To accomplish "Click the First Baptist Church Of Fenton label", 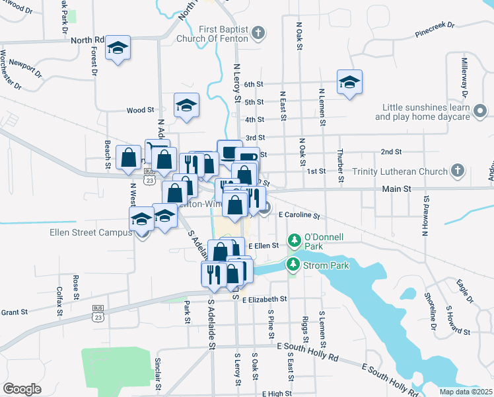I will click(223, 33).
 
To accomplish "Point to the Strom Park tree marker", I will click(291, 265).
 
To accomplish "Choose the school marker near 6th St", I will click(349, 82).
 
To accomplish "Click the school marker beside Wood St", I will click(186, 105).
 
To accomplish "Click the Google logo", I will click(22, 388).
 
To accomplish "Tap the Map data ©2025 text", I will click(466, 391).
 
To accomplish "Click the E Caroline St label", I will click(299, 216).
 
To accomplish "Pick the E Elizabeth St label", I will click(265, 300).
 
